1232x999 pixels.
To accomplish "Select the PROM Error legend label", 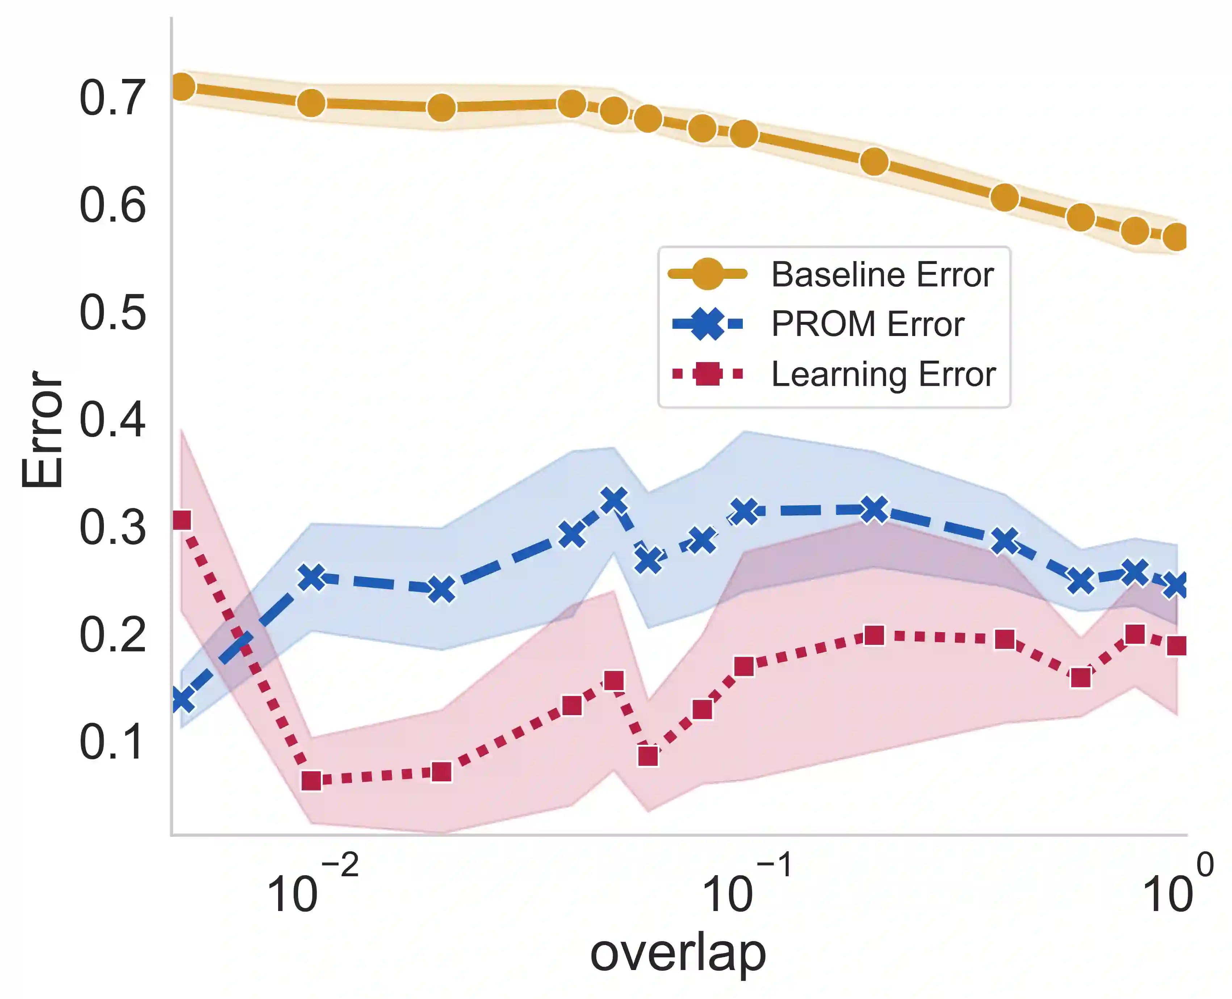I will (x=867, y=324).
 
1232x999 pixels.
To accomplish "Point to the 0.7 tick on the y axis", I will (x=112, y=98).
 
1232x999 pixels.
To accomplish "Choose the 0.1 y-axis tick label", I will (x=112, y=742).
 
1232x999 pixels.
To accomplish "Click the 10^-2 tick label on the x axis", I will (x=311, y=886).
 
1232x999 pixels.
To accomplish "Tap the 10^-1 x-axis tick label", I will (x=746, y=886).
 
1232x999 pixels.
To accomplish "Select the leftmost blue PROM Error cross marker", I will (x=182, y=700).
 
